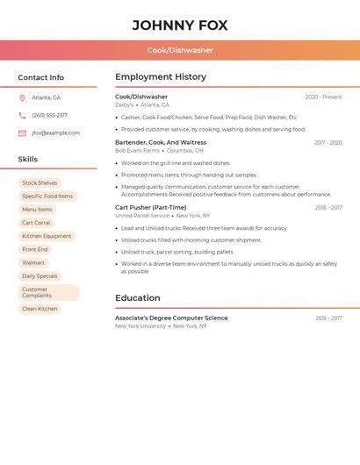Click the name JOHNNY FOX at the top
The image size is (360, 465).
(x=180, y=25)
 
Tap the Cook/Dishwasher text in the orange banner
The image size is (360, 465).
(x=180, y=50)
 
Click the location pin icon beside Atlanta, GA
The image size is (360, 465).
(x=22, y=97)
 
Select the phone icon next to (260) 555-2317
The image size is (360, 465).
(x=22, y=115)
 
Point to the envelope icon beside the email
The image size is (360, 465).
(x=22, y=133)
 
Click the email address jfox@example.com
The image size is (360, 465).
(x=55, y=133)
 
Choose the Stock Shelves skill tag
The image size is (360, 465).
(x=40, y=183)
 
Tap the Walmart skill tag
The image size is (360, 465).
(x=33, y=262)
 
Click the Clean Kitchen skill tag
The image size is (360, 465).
(x=40, y=309)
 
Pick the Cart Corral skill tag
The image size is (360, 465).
(x=36, y=223)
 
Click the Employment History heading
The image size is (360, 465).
(x=161, y=77)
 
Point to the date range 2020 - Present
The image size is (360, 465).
(x=323, y=97)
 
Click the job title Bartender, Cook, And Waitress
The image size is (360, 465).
(x=161, y=142)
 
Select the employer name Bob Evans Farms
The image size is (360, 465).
(x=138, y=150)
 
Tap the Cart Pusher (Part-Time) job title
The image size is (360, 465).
(x=150, y=208)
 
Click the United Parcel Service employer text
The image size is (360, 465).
(x=142, y=216)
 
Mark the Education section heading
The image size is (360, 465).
(x=138, y=297)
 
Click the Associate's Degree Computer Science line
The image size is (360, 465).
(x=171, y=318)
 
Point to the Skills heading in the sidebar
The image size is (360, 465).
(x=28, y=159)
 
